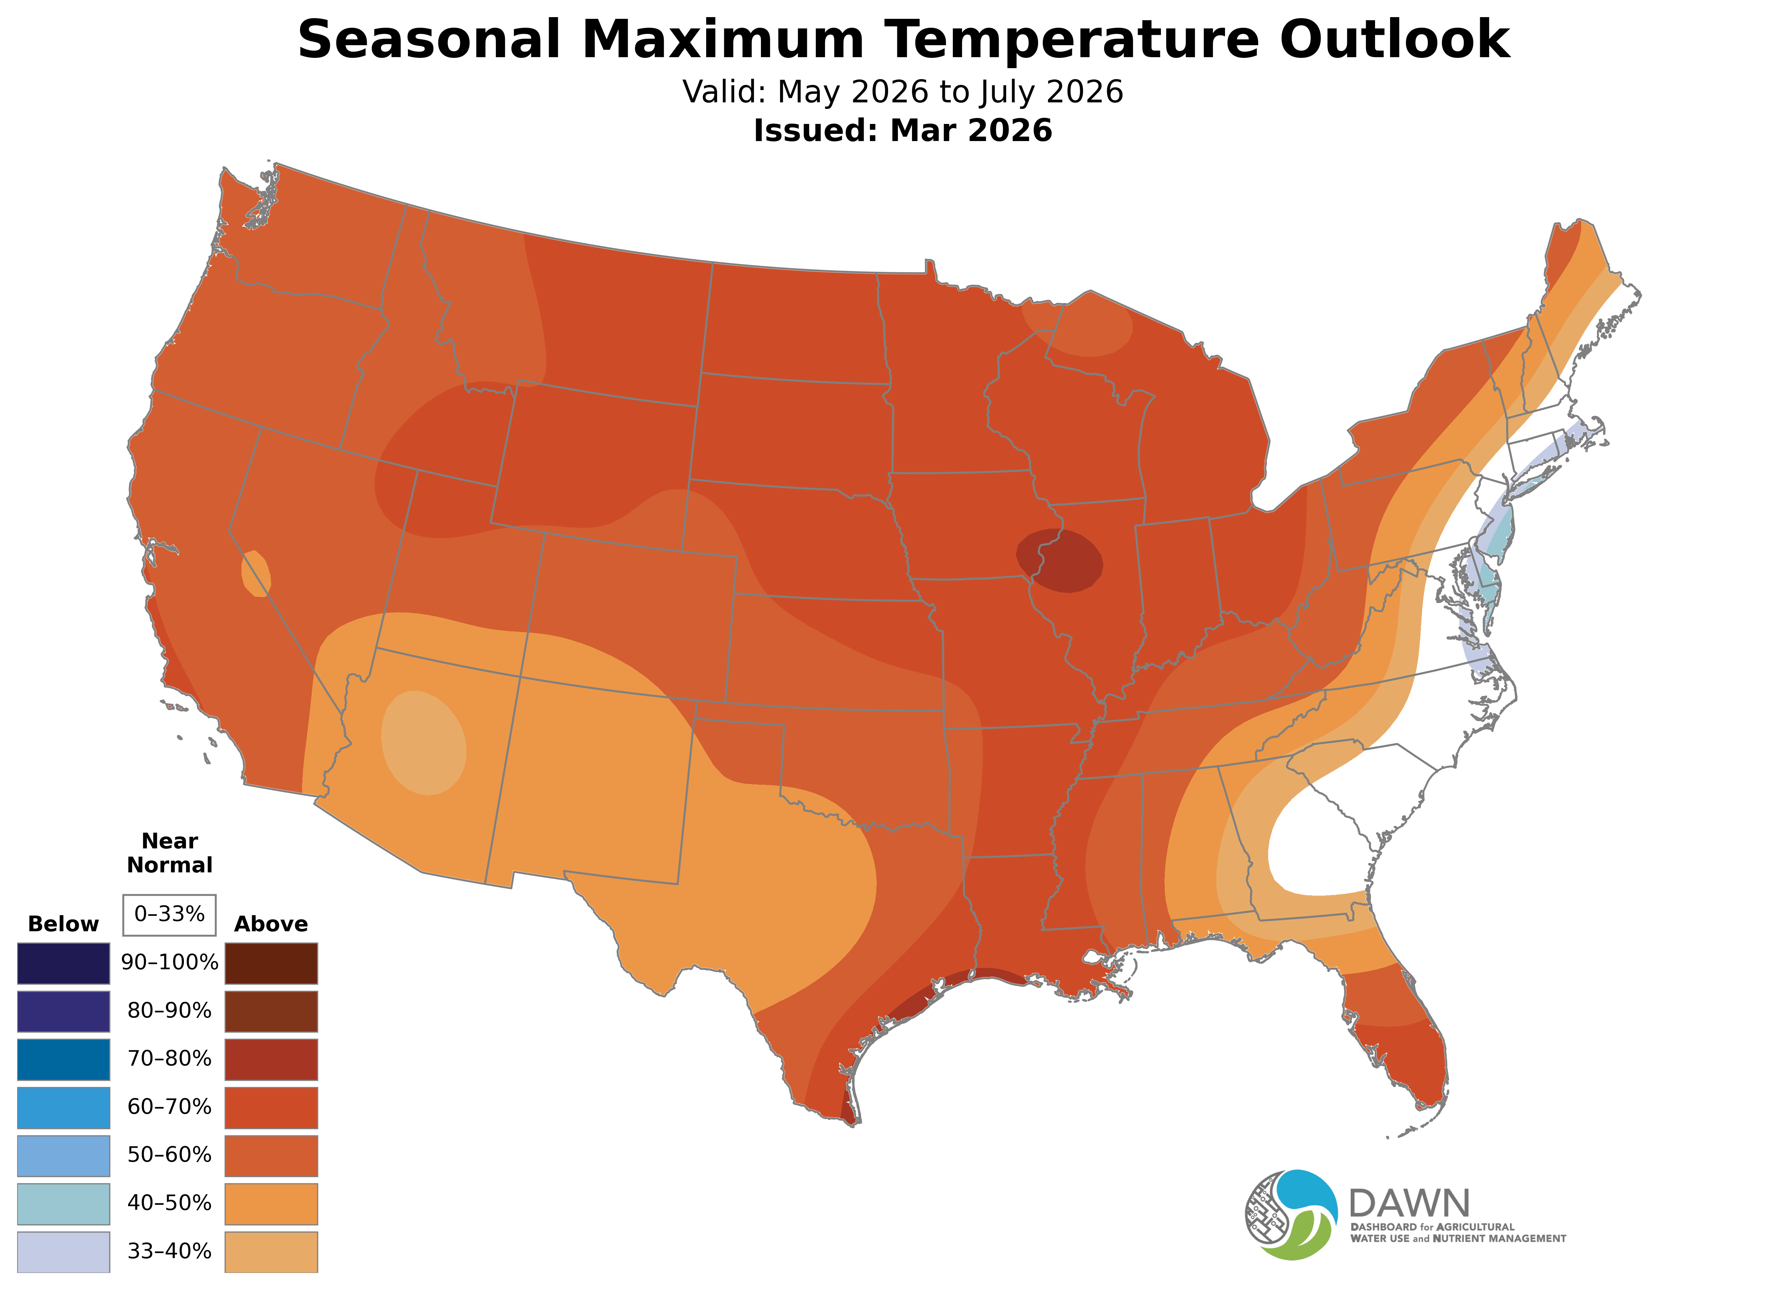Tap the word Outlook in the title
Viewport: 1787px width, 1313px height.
pyautogui.click(x=1395, y=40)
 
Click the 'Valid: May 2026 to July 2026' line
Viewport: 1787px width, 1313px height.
pyautogui.click(x=902, y=92)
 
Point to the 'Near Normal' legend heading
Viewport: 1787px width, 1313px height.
pyautogui.click(x=169, y=853)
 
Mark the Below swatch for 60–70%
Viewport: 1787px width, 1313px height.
pyautogui.click(x=64, y=1107)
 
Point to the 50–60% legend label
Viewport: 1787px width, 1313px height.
pyautogui.click(x=169, y=1155)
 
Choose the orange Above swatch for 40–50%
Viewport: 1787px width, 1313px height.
pyautogui.click(x=271, y=1203)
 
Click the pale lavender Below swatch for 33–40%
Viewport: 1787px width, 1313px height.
pyautogui.click(x=64, y=1252)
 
